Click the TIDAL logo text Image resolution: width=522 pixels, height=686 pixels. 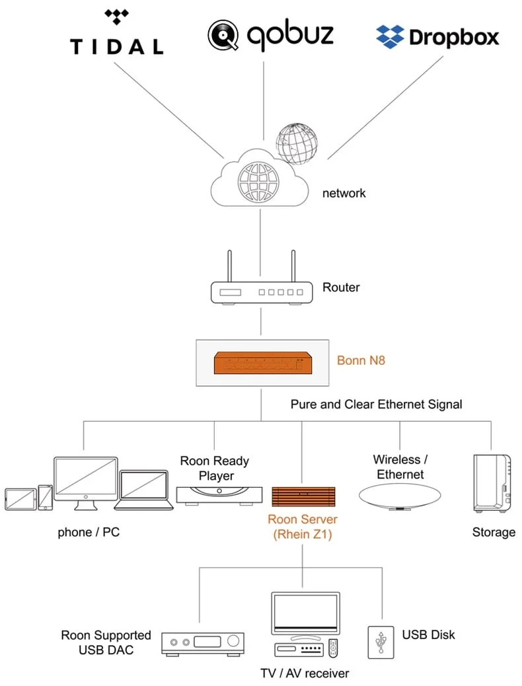point(116,46)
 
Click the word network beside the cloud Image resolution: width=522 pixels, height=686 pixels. point(344,194)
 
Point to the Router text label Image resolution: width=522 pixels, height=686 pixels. point(341,287)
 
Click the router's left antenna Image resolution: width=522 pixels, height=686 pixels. point(229,266)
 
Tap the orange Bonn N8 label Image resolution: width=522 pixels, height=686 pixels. point(361,361)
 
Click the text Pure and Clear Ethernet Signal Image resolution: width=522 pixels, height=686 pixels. point(377,404)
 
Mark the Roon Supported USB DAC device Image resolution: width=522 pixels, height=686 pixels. point(204,642)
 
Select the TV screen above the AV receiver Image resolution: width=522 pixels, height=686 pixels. point(305,614)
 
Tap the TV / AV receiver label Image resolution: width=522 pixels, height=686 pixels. point(305,673)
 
